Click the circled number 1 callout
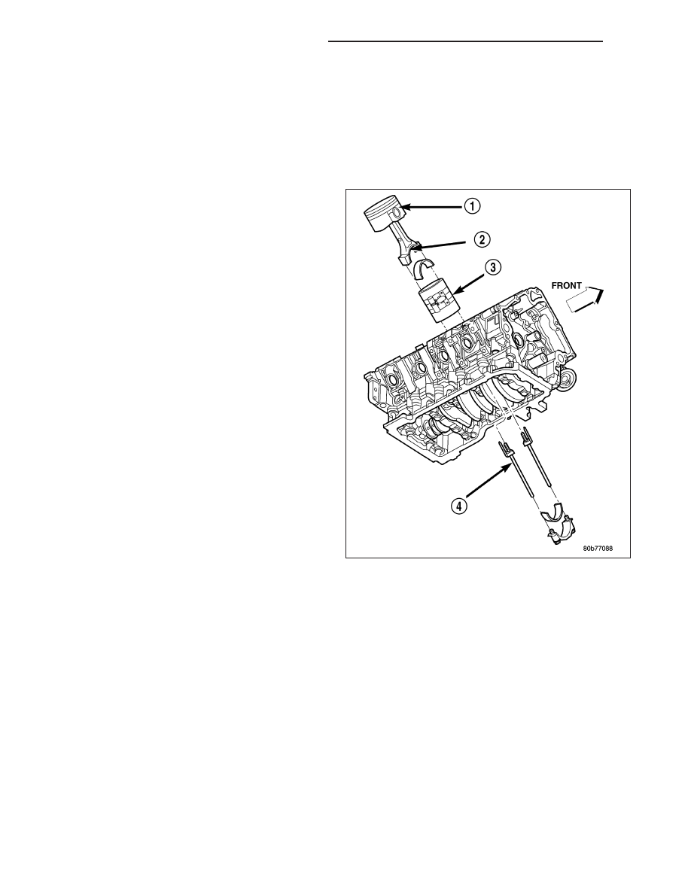tap(473, 206)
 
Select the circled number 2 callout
tap(482, 239)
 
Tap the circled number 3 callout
tap(493, 267)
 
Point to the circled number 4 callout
tap(459, 505)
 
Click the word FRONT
tap(566, 286)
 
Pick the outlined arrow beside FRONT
tap(585, 300)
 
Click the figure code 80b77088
tap(598, 549)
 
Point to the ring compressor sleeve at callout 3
tap(438, 302)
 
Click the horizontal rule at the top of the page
tap(465, 41)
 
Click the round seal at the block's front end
tap(568, 381)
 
